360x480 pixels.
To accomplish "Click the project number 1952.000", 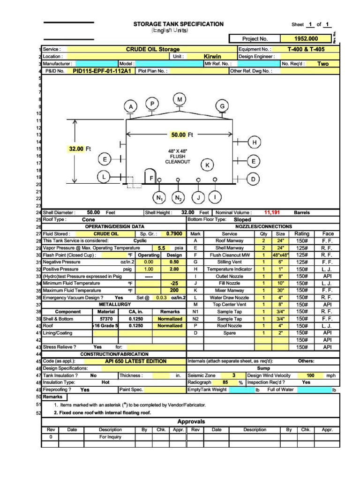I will tap(306, 39).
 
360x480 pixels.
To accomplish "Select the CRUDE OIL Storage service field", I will tap(152, 49).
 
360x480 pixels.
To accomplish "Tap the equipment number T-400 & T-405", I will tap(306, 49).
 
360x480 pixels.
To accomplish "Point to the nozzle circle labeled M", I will tap(180, 99).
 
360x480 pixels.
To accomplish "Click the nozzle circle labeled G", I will tap(222, 107).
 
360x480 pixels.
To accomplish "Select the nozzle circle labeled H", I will tap(255, 142).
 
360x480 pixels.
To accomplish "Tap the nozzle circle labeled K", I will tap(207, 165).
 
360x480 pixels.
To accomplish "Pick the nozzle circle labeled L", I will tap(105, 177).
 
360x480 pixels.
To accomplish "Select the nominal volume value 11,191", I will tap(272, 212).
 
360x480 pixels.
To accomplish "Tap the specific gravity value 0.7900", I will tap(174, 233).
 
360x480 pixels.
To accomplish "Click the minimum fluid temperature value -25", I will tap(174, 283).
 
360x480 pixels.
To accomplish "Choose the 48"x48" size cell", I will tap(280, 255).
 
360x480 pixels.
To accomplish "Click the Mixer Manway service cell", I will tap(229, 290).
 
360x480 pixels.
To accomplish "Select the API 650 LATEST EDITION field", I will tap(136, 361).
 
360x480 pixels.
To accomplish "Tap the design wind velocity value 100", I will tap(310, 375).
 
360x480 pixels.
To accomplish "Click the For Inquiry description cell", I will tap(110, 437).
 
